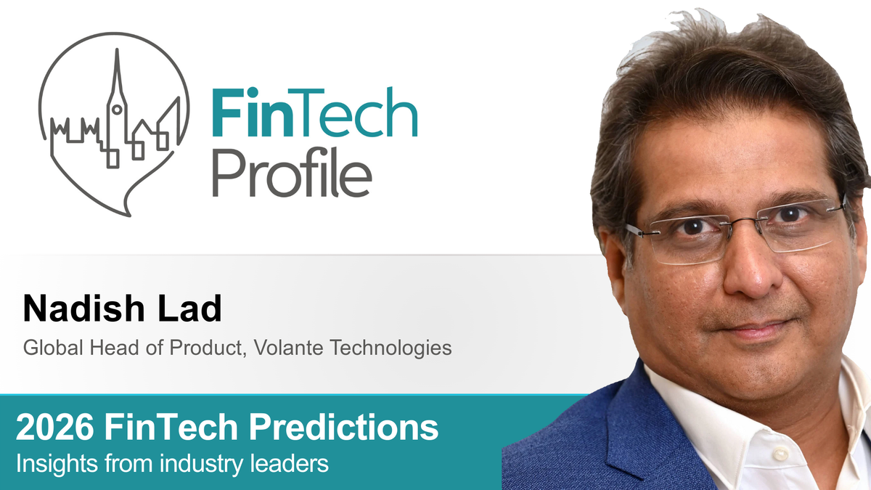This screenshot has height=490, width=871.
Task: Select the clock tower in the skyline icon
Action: [115, 109]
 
